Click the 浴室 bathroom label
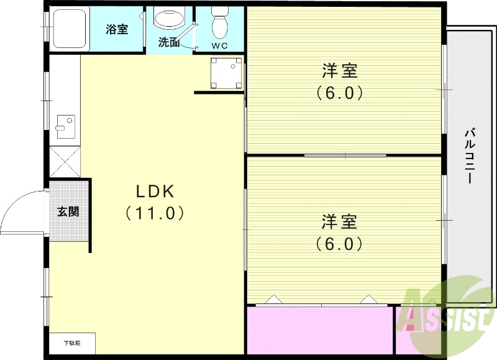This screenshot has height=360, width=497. click(x=117, y=29)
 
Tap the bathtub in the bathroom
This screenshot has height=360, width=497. click(x=70, y=29)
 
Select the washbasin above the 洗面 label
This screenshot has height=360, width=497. click(x=170, y=19)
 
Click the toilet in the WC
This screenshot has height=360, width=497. click(x=219, y=24)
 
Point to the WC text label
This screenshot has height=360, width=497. click(x=219, y=45)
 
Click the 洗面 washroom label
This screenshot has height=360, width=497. click(x=168, y=43)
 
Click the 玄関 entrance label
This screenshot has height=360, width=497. click(x=68, y=211)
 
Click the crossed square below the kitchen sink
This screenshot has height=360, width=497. click(x=65, y=162)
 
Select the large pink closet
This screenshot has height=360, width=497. click(x=320, y=330)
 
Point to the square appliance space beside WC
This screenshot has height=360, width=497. click(x=225, y=73)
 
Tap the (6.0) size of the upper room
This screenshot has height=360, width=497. click(x=339, y=93)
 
